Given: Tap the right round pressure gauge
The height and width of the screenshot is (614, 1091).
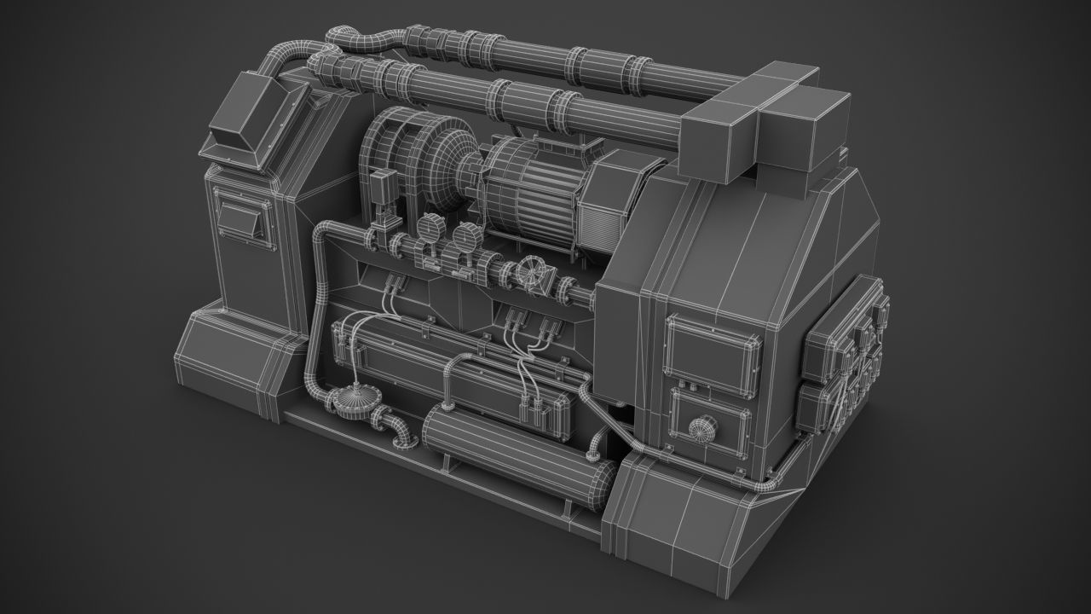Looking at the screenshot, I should (x=465, y=235).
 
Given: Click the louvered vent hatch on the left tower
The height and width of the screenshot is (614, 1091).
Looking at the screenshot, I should (x=245, y=217).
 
